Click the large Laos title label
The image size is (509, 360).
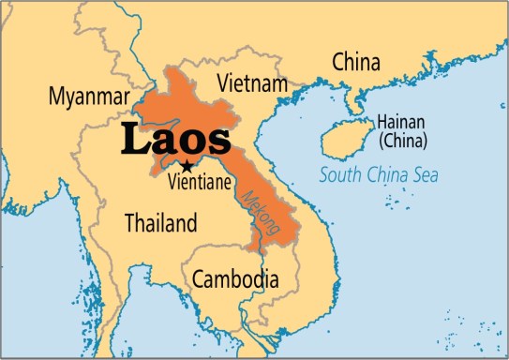click(174, 139)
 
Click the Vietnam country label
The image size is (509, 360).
click(251, 83)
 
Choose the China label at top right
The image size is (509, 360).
click(356, 63)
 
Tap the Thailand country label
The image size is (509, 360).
click(161, 224)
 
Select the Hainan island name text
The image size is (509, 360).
click(401, 123)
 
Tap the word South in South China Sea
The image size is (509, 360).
click(340, 174)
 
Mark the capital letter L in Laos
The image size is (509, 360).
click(133, 139)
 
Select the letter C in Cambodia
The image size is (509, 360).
click(198, 278)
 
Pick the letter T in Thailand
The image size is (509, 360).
click(130, 224)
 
